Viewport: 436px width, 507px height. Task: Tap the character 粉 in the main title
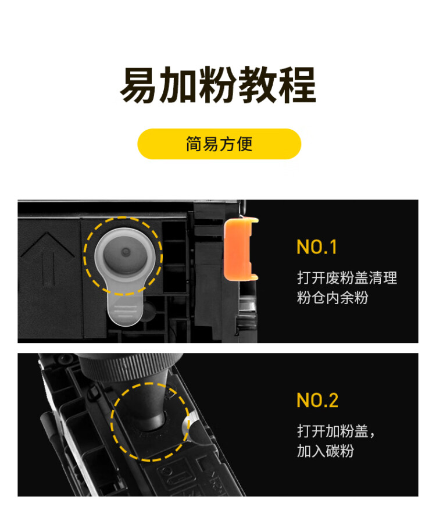point(218,85)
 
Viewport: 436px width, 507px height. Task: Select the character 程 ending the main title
point(297,85)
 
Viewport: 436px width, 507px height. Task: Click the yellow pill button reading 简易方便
point(219,144)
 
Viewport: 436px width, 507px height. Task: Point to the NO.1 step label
point(317,247)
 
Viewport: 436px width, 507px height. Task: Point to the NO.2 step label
point(317,401)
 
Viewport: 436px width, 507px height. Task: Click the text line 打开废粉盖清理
point(347,278)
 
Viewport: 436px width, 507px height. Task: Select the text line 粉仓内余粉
point(333,298)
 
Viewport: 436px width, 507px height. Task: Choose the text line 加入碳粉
point(325,451)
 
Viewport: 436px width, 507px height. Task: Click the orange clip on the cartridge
point(240,247)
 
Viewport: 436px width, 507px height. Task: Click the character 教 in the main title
point(258,85)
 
